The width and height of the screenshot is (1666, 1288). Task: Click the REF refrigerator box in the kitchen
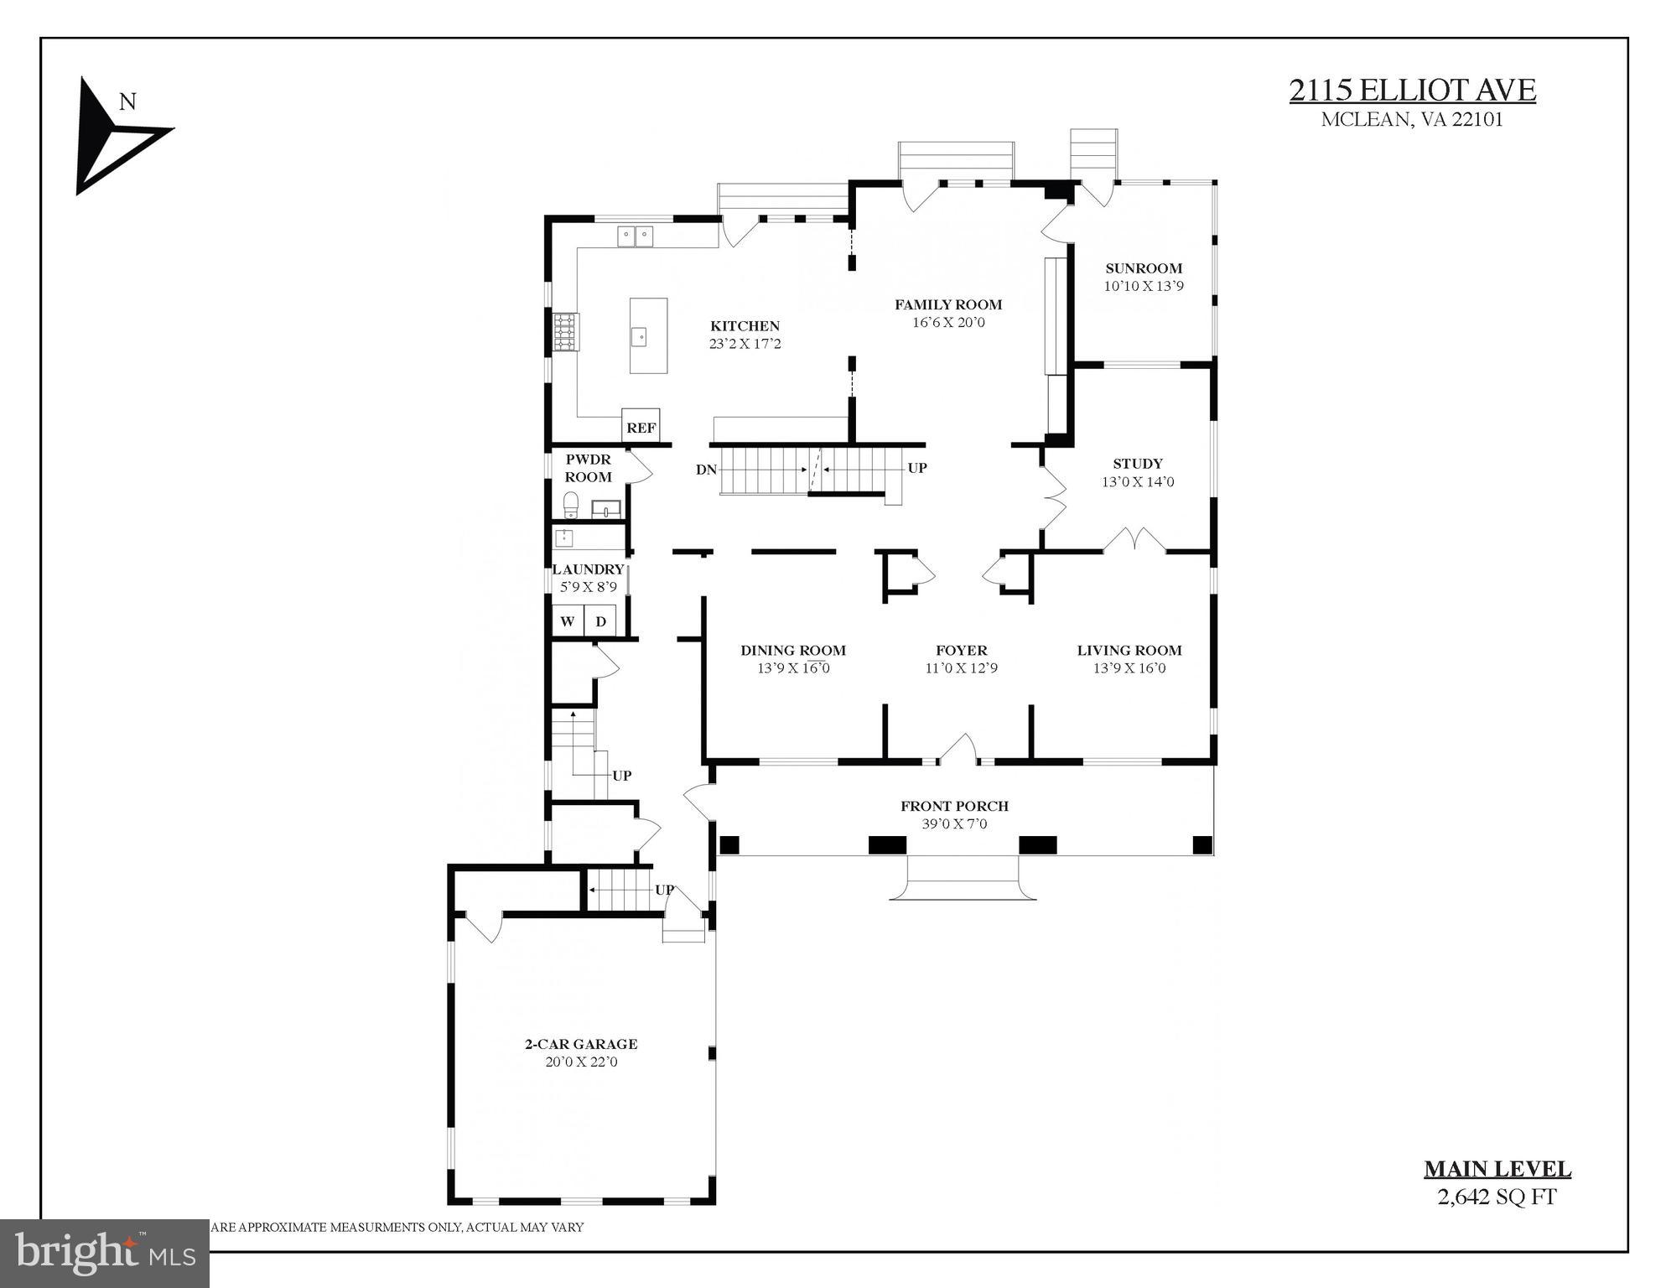641,426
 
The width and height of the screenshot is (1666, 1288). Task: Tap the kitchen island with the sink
648,335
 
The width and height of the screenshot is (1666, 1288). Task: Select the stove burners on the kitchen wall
565,331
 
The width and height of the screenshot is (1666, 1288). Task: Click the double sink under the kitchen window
636,236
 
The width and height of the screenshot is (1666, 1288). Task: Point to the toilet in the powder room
571,506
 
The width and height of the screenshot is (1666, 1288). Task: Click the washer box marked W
568,621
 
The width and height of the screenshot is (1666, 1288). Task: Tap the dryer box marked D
600,621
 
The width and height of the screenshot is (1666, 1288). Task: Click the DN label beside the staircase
706,470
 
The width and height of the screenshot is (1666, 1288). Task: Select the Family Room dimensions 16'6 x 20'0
948,322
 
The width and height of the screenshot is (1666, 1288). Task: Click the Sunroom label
1143,268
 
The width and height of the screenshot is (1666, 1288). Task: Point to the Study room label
1137,464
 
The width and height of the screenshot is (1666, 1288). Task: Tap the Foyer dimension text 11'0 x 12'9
961,668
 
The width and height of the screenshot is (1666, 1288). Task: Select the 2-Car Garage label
581,1044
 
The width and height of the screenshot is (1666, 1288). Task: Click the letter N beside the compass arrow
127,102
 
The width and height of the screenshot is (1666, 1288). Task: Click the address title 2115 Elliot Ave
1412,91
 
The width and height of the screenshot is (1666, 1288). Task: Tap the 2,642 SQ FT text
1497,1197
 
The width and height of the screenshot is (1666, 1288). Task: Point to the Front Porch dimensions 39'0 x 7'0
954,823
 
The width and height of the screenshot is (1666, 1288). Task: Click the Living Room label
1129,650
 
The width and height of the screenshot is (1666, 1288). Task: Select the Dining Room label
792,650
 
